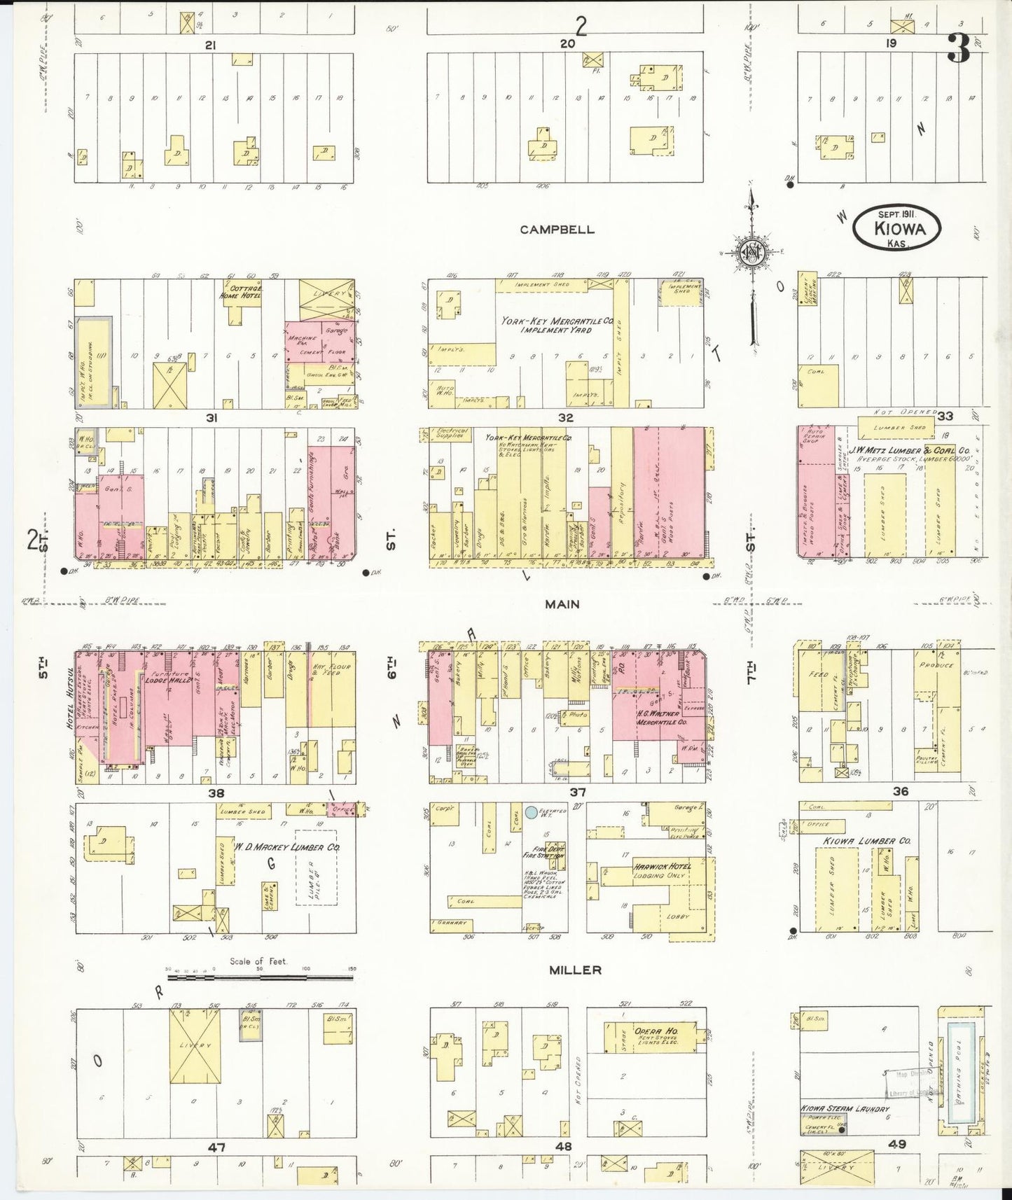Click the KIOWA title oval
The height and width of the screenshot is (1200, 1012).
(897, 227)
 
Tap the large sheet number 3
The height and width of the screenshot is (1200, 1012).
(958, 50)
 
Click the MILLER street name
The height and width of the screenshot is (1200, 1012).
(575, 970)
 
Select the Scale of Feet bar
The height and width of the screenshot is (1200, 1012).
(261, 970)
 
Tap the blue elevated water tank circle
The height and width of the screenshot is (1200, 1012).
(531, 812)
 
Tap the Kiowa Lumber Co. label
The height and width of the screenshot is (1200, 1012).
(866, 840)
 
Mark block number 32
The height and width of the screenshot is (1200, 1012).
(566, 418)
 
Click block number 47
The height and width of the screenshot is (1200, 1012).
(216, 1147)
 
